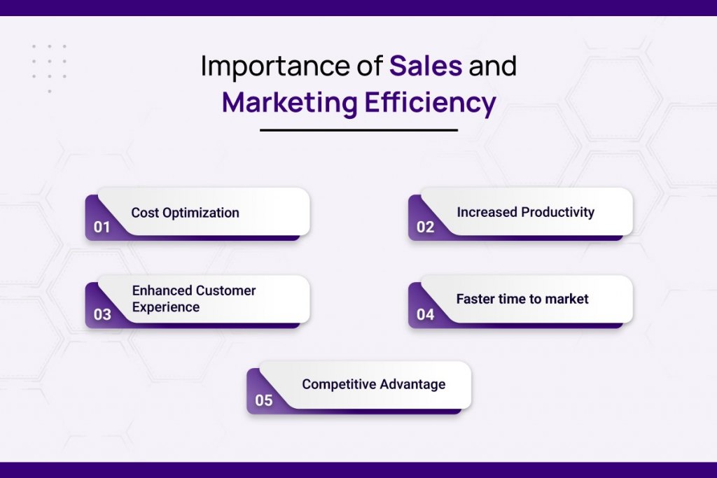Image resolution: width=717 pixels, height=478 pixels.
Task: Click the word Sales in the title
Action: [x=426, y=65]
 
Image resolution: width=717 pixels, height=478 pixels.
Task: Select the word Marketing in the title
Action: [x=289, y=104]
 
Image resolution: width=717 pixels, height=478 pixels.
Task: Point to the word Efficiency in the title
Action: [x=431, y=104]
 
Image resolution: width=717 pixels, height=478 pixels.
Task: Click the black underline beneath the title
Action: [x=359, y=130]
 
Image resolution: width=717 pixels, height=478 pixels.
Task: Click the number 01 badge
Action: [x=102, y=227]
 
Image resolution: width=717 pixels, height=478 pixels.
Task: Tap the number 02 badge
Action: [x=425, y=227]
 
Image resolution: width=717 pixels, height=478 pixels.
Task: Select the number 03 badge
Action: [x=102, y=314]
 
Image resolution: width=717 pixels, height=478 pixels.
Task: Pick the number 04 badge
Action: [x=425, y=314]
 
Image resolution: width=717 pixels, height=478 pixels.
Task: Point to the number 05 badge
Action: [x=264, y=400]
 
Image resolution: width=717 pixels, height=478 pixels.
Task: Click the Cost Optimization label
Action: [x=185, y=213]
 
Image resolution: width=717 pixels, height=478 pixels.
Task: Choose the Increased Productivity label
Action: [x=525, y=213]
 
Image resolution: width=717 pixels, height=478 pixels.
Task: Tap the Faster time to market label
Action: [x=522, y=299]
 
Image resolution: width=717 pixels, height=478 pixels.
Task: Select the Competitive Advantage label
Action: [x=374, y=385]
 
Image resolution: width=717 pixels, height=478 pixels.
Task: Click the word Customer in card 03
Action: [x=226, y=290]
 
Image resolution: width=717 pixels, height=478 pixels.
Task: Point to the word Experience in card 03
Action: [x=166, y=307]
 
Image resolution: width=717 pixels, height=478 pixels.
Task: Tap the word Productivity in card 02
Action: [x=558, y=213]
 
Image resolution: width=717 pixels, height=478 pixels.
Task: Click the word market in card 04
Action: [x=567, y=299]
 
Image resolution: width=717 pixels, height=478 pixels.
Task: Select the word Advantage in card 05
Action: [x=412, y=385]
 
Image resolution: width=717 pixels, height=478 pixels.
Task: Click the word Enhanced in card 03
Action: [x=162, y=290]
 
